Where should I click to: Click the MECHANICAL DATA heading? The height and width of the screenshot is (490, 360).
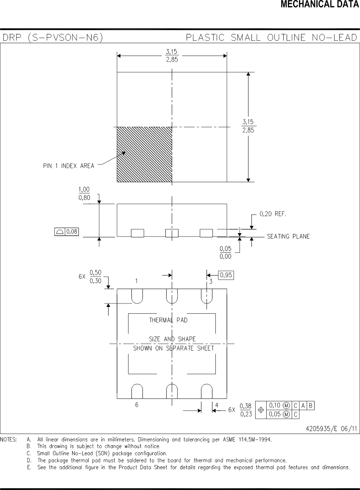pos(320,5)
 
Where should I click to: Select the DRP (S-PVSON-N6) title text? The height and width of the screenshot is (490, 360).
pos(53,38)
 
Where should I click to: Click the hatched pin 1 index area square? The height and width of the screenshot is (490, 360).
pos(144,154)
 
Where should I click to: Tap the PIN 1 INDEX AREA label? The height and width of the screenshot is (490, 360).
pos(69,166)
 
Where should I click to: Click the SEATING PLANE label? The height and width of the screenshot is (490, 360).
pos(288,237)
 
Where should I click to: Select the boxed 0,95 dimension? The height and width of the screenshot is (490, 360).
pos(226,275)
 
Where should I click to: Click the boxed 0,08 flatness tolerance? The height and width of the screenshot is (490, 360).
pos(67,231)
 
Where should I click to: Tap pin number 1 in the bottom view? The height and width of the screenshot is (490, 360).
pos(137,281)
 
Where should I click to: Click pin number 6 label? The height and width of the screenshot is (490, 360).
pos(137,405)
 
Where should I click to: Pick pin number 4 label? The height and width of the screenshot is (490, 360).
pos(216,405)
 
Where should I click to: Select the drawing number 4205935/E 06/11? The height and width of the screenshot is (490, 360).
pos(331,429)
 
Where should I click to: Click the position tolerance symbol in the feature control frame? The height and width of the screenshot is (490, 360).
pos(261,410)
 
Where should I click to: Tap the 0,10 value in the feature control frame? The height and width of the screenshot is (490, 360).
pos(276,406)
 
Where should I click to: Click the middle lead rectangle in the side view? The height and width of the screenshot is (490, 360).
pos(172,233)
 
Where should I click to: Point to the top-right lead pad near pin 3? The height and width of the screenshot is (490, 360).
pos(207,296)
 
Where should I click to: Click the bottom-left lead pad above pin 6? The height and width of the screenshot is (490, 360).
pos(137,391)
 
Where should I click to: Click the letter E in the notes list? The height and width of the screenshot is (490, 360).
pos(29,468)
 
